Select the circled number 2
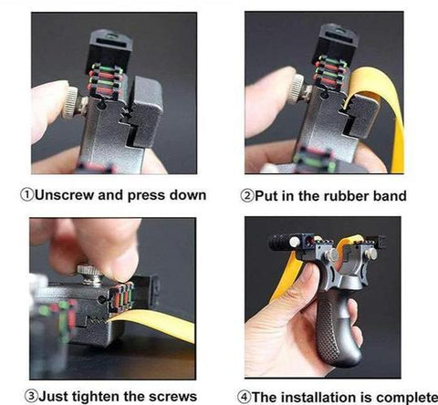point(247,195)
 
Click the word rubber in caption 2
point(340,195)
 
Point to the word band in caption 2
point(387,195)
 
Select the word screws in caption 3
point(171,395)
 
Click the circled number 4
point(245,395)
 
